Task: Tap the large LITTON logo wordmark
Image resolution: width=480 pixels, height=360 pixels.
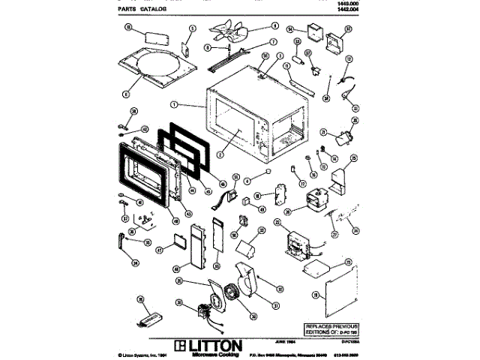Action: point(208,345)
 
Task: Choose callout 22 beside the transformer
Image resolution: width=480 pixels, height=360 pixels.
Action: point(276,223)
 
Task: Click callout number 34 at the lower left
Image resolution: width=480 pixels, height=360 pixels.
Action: point(134,262)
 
